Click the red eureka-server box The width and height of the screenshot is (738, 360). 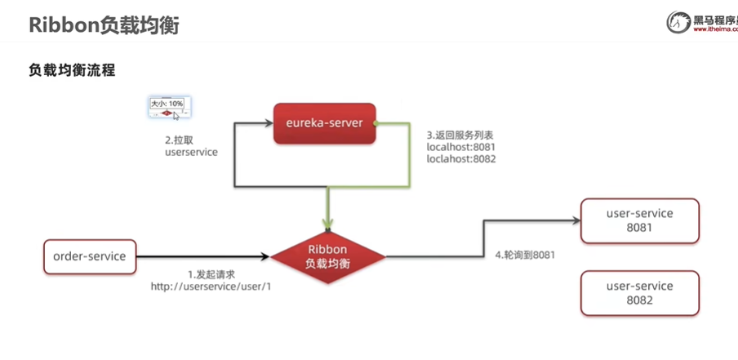[324, 123]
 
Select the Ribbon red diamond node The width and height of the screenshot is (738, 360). [327, 256]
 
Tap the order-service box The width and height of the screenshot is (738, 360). [89, 256]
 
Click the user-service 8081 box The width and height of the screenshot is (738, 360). [639, 220]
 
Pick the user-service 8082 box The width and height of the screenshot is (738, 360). [639, 293]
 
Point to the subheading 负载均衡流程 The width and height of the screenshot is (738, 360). [72, 71]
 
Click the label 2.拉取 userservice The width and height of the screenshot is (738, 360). [191, 145]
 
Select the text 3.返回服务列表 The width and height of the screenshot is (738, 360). [460, 134]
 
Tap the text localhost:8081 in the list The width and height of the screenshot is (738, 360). [461, 147]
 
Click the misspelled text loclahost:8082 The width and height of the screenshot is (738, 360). [461, 159]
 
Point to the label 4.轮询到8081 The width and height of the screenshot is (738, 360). [525, 255]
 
